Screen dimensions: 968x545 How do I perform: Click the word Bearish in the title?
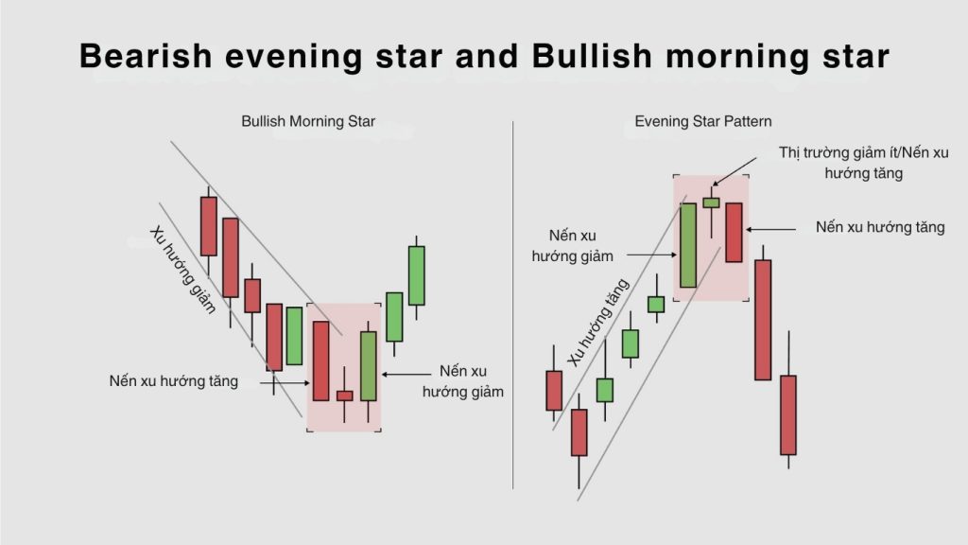pyautogui.click(x=146, y=56)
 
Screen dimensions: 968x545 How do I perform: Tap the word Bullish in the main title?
pyautogui.click(x=592, y=56)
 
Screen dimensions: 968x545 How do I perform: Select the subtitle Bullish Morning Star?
pyautogui.click(x=308, y=121)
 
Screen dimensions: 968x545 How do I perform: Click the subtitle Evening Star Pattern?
pyautogui.click(x=703, y=121)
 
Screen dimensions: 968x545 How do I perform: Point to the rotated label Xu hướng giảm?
pyautogui.click(x=183, y=270)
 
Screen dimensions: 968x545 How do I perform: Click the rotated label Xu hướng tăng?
pyautogui.click(x=597, y=322)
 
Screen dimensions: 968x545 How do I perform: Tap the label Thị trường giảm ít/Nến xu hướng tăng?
pyautogui.click(x=863, y=163)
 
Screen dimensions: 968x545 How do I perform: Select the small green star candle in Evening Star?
pyautogui.click(x=711, y=202)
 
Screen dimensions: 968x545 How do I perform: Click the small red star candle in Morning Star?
pyautogui.click(x=344, y=396)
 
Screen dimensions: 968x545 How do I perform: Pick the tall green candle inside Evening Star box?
pyautogui.click(x=688, y=245)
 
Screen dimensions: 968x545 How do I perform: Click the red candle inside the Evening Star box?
pyautogui.click(x=734, y=233)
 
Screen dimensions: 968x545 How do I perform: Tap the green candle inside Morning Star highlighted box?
pyautogui.click(x=369, y=366)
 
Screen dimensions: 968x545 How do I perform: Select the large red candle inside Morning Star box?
pyautogui.click(x=321, y=360)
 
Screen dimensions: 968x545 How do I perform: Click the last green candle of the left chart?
pyautogui.click(x=417, y=275)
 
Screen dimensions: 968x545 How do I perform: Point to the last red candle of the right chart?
pyautogui.click(x=788, y=414)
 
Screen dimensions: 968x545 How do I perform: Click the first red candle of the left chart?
pyautogui.click(x=209, y=226)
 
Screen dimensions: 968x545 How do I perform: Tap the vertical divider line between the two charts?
pyautogui.click(x=513, y=306)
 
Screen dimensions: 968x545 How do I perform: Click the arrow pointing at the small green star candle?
pyautogui.click(x=735, y=171)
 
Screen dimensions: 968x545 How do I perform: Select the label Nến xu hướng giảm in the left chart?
pyautogui.click(x=463, y=381)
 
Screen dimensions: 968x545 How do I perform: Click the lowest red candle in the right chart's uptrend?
pyautogui.click(x=579, y=432)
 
